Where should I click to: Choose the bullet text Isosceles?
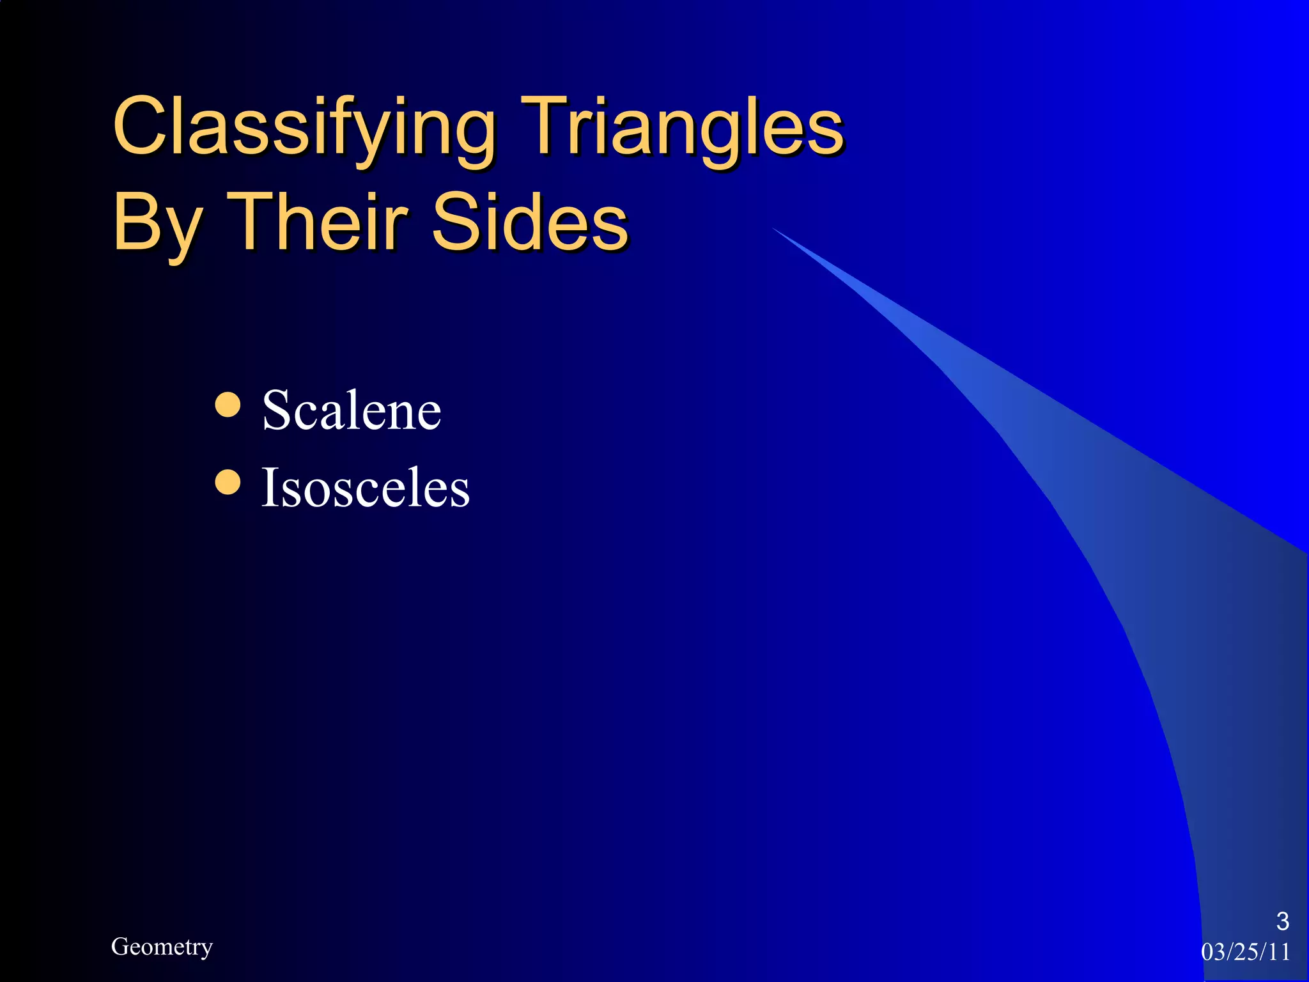point(366,488)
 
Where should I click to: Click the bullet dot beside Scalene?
point(228,405)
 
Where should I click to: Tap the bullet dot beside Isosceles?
point(228,483)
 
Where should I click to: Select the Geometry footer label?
point(162,946)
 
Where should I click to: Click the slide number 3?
point(1282,921)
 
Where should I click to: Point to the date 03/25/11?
point(1245,952)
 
